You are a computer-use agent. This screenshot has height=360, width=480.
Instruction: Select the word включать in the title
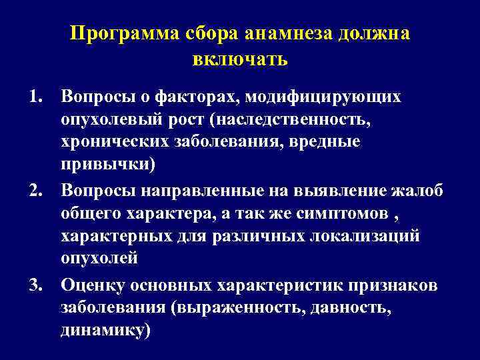pyautogui.click(x=240, y=59)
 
